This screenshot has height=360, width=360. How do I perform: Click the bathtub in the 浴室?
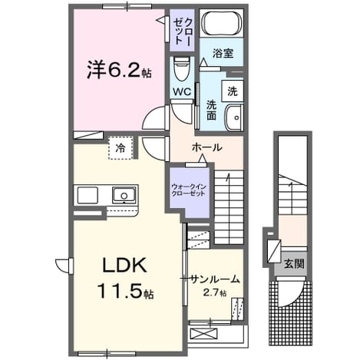pyautogui.click(x=222, y=24)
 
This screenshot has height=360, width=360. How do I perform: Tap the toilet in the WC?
pyautogui.click(x=182, y=68)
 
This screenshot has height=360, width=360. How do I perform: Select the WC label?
pyautogui.click(x=182, y=91)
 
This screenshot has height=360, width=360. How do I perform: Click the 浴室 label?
pyautogui.click(x=223, y=53)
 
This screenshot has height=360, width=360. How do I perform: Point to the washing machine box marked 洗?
pyautogui.click(x=233, y=91)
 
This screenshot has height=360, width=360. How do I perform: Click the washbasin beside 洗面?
pyautogui.click(x=233, y=118)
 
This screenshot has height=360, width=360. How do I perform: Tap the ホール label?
pyautogui.click(x=206, y=147)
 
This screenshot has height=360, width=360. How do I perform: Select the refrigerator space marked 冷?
pyautogui.click(x=121, y=148)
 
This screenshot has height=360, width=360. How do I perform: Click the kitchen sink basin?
pyautogui.click(x=124, y=196)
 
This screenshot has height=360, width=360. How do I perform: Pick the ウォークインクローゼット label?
pyautogui.click(x=189, y=190)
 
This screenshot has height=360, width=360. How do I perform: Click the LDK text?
pyautogui.click(x=124, y=266)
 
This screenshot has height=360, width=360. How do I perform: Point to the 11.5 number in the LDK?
pyautogui.click(x=119, y=292)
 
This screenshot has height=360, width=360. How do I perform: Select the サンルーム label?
pyautogui.click(x=215, y=279)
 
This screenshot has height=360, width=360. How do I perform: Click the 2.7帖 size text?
pyautogui.click(x=214, y=292)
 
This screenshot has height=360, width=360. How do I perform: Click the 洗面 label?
pyautogui.click(x=211, y=111)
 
